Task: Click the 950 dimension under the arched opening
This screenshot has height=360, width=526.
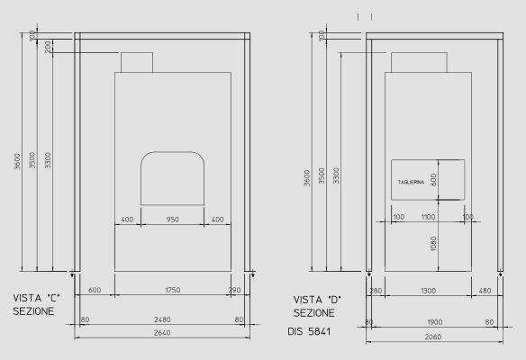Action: tap(173, 219)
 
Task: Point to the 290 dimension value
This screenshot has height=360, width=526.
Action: tap(235, 289)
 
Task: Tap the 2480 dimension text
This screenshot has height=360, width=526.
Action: tap(162, 319)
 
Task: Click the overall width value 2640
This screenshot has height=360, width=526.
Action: tap(162, 332)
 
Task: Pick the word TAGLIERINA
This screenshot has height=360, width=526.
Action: tap(411, 183)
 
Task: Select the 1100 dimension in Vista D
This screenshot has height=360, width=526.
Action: tap(428, 217)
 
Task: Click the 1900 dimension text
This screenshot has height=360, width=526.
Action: tap(434, 321)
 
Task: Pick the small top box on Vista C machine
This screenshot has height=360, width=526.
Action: tap(137, 62)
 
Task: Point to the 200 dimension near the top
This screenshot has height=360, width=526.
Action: tap(48, 46)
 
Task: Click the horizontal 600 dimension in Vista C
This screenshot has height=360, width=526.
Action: tap(95, 289)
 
